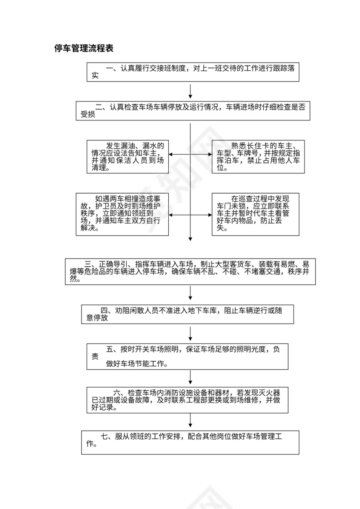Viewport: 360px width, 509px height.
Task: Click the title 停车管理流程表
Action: (84, 49)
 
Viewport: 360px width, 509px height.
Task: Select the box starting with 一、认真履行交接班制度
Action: (193, 72)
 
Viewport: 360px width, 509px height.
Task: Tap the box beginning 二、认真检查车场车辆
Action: (193, 111)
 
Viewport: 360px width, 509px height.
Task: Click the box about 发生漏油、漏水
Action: (128, 157)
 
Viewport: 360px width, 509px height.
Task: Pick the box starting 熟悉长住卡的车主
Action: (255, 157)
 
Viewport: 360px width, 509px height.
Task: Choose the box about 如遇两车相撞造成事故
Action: (122, 214)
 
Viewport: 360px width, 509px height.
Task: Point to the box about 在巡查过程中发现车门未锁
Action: (255, 214)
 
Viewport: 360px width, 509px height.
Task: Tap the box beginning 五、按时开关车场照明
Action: (187, 356)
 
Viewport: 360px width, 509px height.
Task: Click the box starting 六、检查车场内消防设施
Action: (187, 400)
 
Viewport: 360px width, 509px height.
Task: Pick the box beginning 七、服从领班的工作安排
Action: (190, 442)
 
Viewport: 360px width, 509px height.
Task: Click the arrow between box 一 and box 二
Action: (190, 91)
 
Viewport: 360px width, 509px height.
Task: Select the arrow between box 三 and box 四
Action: (190, 294)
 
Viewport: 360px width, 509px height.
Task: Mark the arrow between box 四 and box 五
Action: (190, 334)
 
